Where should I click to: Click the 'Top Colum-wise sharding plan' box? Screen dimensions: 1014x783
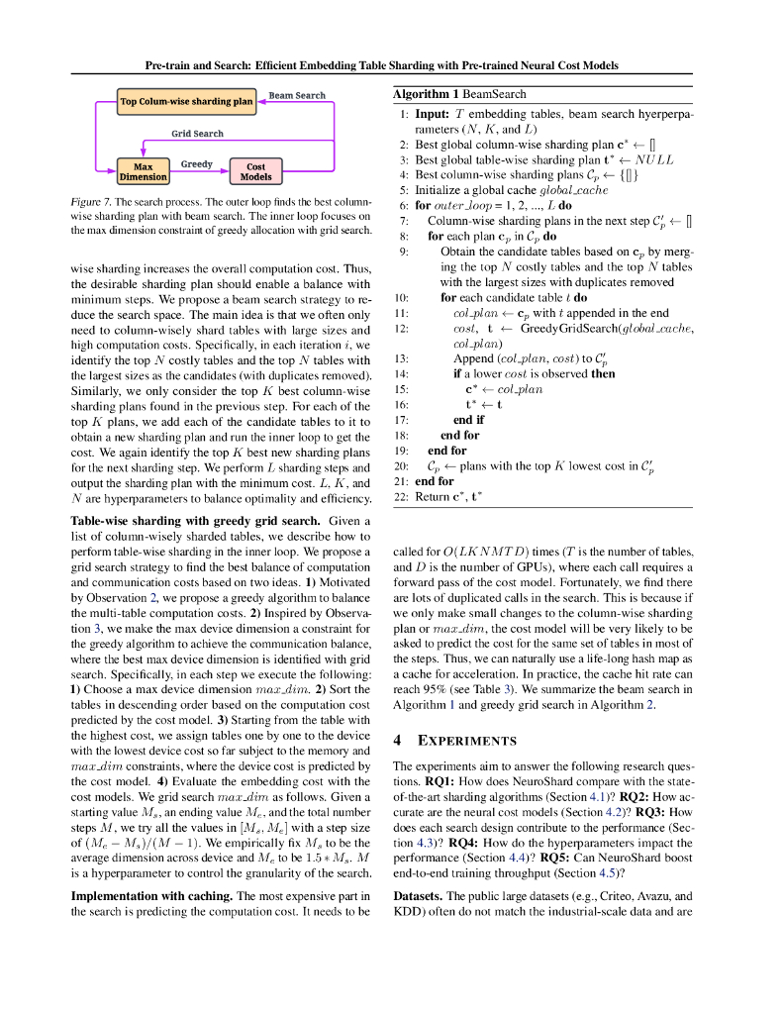186,101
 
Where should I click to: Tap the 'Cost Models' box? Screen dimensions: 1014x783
255,171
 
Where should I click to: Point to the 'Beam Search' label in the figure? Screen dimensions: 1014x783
297,95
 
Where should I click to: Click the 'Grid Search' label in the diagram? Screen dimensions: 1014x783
197,133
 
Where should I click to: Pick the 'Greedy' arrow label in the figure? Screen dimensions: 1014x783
196,163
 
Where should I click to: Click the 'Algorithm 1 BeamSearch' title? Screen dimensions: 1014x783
459,94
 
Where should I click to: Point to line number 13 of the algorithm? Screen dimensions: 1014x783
401,358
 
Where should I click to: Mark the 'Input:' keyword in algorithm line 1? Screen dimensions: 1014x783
435,115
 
